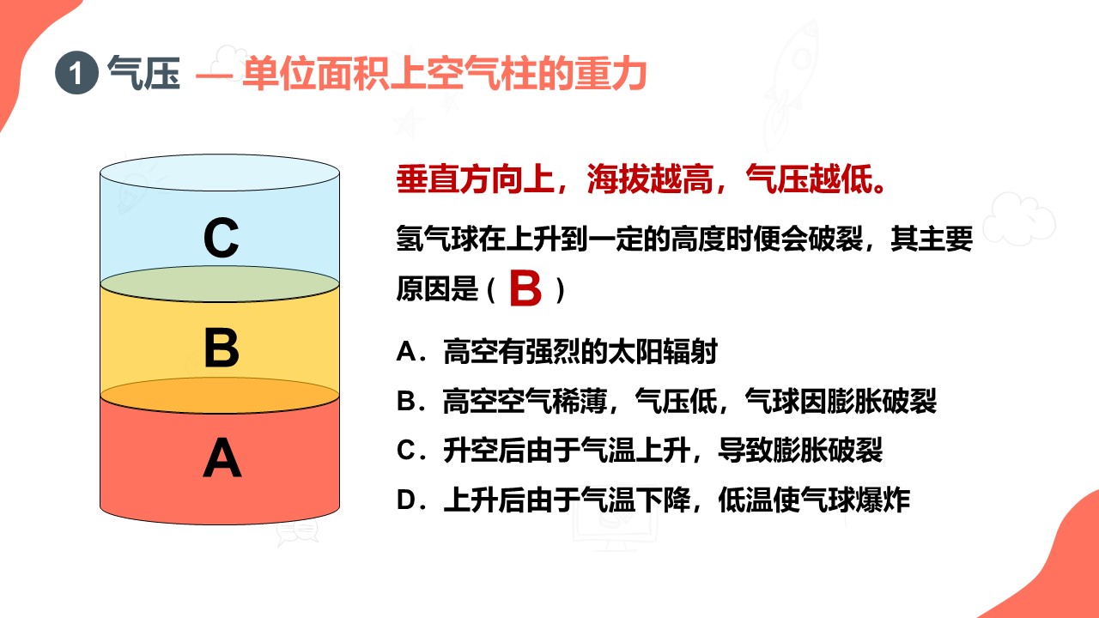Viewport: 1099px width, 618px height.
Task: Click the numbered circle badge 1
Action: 76,73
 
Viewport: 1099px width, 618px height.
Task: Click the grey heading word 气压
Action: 143,73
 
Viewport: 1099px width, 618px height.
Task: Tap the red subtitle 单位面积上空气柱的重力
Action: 445,74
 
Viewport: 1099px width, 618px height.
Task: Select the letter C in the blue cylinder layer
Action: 222,238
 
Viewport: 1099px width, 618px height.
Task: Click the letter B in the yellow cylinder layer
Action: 222,348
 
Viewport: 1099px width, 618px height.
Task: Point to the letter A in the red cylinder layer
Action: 222,457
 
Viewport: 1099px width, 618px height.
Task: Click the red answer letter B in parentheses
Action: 525,288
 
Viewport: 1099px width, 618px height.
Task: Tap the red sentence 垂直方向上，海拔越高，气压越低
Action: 641,179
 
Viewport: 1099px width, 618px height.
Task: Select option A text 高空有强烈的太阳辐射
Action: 580,351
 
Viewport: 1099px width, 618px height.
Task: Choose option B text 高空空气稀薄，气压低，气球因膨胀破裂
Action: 689,401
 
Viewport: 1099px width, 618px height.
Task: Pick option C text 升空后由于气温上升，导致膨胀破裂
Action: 663,451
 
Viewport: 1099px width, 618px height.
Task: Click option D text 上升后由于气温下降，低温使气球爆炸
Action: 677,500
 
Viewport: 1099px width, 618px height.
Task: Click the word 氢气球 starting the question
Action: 437,239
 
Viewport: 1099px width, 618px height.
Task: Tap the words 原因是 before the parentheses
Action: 437,288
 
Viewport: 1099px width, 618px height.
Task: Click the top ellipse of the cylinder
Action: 220,173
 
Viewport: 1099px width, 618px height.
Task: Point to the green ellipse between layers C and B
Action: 220,284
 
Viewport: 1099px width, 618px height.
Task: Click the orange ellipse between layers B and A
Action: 220,396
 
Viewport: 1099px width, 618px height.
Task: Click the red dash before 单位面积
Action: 214,76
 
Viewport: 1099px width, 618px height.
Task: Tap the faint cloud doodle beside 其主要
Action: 1019,218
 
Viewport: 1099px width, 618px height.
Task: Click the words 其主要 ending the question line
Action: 932,239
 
